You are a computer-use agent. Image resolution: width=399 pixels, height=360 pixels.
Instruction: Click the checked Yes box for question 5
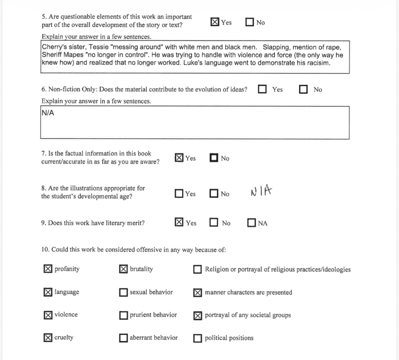point(215,22)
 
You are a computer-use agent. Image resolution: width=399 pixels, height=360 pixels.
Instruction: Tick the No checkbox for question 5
point(250,22)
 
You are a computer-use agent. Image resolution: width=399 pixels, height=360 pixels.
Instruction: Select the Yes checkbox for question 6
point(262,89)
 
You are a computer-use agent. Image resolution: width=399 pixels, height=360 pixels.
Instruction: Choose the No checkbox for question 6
point(303,89)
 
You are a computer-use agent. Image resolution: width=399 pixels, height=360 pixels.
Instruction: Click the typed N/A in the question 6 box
point(48,113)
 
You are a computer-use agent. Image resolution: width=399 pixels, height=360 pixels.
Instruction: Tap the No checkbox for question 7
point(214,158)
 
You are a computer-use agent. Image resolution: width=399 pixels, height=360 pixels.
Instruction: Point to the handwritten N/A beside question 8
point(261,191)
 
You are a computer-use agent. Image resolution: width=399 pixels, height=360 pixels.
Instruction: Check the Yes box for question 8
point(179,193)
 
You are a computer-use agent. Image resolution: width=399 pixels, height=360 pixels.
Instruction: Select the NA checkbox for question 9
point(252,223)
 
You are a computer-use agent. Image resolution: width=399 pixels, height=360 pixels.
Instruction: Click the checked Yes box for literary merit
point(179,222)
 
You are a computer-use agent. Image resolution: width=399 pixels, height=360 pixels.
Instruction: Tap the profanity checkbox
point(48,269)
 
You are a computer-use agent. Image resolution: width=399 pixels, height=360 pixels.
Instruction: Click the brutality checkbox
point(123,269)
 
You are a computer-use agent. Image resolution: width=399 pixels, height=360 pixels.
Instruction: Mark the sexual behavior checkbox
point(123,292)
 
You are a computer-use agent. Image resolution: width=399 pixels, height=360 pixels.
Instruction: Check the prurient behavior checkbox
point(123,315)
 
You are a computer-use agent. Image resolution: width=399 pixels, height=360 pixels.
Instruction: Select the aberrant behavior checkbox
point(123,338)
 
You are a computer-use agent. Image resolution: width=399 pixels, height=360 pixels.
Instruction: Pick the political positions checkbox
point(198,338)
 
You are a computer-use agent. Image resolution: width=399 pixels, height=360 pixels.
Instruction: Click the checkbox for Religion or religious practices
point(198,269)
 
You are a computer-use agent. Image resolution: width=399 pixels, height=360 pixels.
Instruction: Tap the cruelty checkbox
point(48,337)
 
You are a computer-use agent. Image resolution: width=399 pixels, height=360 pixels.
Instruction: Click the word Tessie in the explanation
point(98,47)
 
